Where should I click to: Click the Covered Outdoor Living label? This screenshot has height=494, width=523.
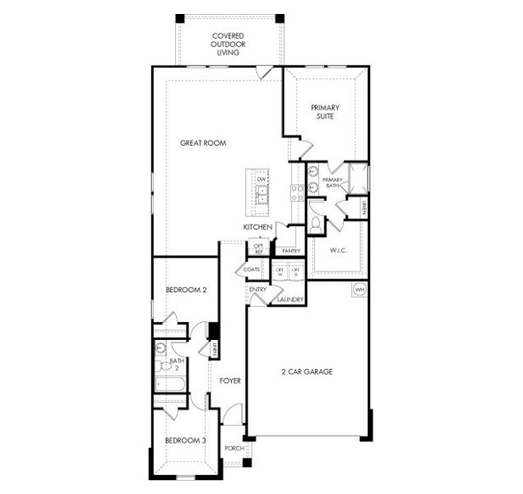229,44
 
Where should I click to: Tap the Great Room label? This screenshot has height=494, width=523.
203,143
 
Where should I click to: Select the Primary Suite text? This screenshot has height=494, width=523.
325,112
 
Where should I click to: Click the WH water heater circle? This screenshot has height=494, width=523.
359,290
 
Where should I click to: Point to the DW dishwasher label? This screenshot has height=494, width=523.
261,179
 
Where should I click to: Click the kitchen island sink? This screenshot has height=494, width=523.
261,196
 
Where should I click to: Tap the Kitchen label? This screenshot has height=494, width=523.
257,226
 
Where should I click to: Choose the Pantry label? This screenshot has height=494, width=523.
289,250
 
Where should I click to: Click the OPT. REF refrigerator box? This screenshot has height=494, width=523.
258,249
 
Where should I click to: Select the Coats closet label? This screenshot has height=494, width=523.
252,269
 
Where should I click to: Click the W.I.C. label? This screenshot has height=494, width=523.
340,250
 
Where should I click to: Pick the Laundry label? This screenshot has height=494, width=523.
290,300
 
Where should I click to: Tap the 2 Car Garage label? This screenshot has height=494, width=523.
306,371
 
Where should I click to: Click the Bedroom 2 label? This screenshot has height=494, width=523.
185,290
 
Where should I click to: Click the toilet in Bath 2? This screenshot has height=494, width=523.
161,349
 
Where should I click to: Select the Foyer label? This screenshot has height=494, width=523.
229,380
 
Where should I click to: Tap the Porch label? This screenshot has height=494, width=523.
234,449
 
